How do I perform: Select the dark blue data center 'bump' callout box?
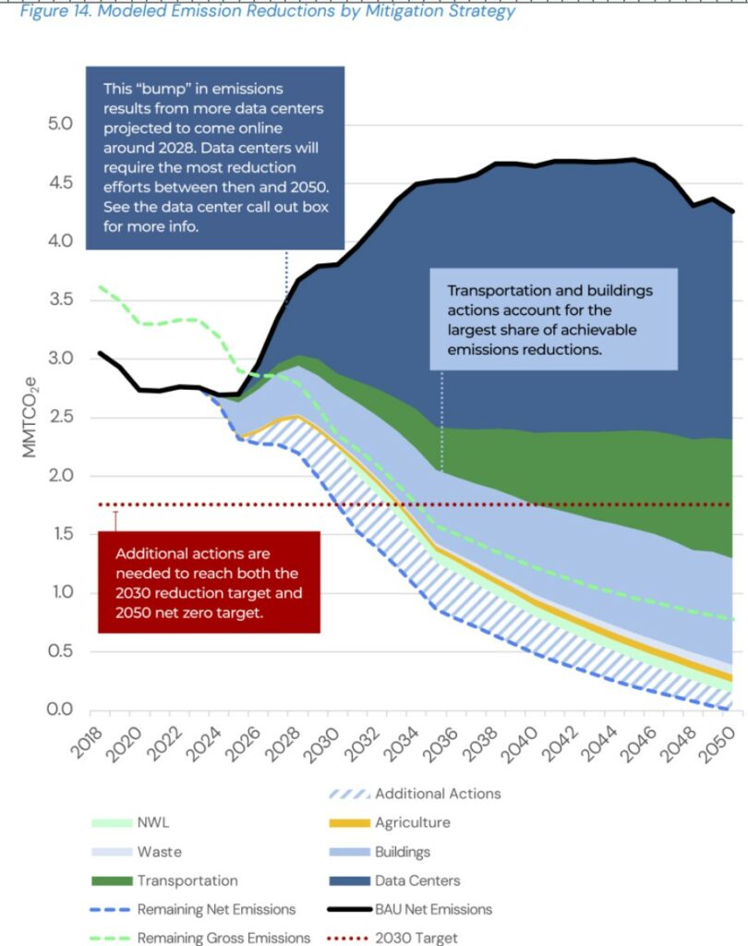click(214, 157)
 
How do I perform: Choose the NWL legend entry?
click(152, 822)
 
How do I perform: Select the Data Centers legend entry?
click(417, 880)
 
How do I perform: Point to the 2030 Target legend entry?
click(414, 938)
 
